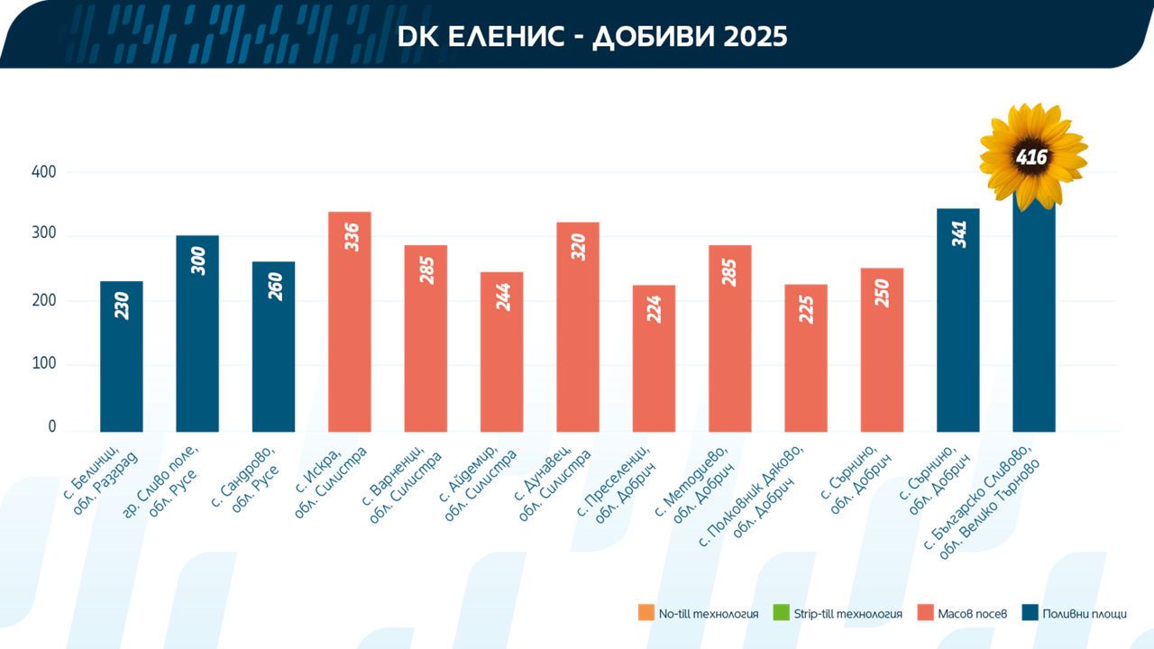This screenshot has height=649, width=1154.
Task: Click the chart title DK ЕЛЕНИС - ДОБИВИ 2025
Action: coord(592,37)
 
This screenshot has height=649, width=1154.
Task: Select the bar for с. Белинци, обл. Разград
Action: coord(122,356)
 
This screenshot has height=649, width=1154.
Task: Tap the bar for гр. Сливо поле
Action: coord(197,334)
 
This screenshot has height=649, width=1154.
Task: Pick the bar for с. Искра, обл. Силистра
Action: coord(349,322)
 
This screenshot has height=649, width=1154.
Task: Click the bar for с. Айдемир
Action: coord(502,352)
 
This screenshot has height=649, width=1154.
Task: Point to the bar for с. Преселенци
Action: coord(654,359)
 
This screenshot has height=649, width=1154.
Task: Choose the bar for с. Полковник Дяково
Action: coord(806,358)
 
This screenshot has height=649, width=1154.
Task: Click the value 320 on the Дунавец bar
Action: coord(579,247)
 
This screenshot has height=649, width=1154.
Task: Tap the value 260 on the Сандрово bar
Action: coord(276,287)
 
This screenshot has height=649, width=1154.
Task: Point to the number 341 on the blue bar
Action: coord(959,234)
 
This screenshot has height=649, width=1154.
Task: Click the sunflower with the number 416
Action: coord(1033,157)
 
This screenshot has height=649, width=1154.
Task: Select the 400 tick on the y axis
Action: coord(44,171)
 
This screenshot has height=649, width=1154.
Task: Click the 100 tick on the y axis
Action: coord(44,363)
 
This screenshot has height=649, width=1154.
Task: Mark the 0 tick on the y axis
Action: coord(52,426)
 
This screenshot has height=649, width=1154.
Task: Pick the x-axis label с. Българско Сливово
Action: coord(982,503)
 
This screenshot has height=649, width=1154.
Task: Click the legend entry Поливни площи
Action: coord(1075,614)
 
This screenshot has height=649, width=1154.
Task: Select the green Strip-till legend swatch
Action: coord(781,613)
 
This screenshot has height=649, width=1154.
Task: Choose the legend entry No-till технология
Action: coord(698,614)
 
